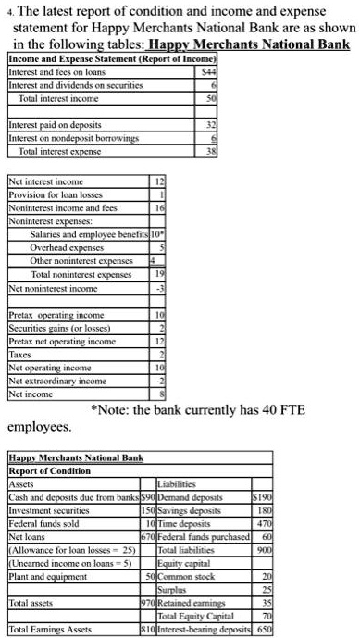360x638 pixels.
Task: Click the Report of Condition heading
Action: point(53,469)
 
